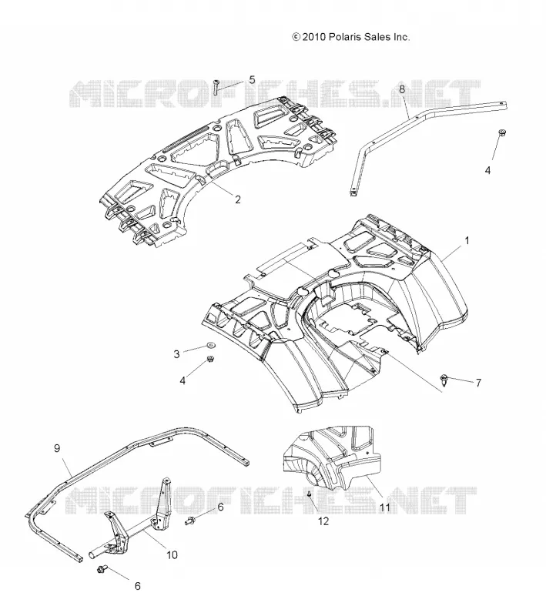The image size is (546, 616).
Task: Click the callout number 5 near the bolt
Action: (252, 80)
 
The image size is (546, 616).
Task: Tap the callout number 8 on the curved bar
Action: (402, 89)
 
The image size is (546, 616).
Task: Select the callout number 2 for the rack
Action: (237, 199)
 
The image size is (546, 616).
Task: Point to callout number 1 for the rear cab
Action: (467, 240)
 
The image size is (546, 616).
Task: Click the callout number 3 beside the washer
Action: (177, 354)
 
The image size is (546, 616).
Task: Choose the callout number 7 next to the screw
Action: (478, 383)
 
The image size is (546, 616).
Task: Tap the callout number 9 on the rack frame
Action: (57, 448)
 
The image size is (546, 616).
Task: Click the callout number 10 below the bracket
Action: (172, 555)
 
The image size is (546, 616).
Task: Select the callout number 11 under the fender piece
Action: (385, 507)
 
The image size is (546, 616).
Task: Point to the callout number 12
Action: (323, 521)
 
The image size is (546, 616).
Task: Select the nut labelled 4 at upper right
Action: (501, 132)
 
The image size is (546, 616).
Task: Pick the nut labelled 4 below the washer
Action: (210, 359)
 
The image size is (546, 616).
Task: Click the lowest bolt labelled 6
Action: (102, 568)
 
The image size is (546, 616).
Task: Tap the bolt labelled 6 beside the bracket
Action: (190, 521)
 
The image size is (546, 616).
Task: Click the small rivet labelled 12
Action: (309, 494)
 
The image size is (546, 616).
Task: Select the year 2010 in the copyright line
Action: (314, 37)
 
